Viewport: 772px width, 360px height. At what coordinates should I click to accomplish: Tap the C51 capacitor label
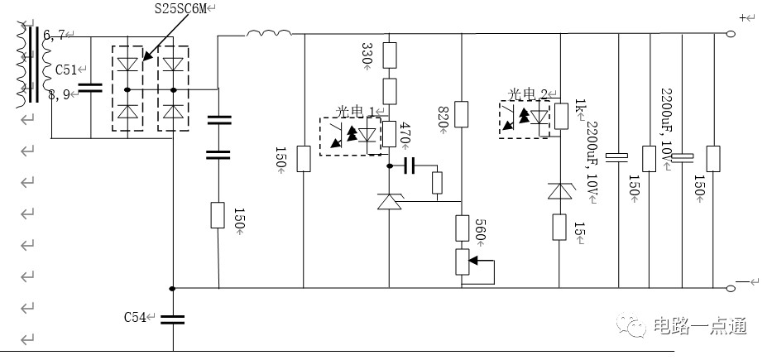coord(66,70)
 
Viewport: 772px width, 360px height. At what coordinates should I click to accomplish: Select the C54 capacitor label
coord(135,318)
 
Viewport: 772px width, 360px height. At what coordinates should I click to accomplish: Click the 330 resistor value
coord(367,54)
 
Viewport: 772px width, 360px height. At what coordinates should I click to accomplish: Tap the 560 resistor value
coord(480,229)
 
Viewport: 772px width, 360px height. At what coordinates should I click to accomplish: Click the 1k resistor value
coord(581,106)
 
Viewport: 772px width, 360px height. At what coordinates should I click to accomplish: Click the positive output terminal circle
coord(731,34)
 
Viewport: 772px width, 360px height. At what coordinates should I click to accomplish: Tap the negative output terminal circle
coord(731,288)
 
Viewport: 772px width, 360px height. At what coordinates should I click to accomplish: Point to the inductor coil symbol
coord(268,33)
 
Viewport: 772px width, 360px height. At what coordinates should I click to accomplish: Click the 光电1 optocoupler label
coord(354,112)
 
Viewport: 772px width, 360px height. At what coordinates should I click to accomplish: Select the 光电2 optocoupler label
coord(527,94)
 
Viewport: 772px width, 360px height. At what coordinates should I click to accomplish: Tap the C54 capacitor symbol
coord(173,319)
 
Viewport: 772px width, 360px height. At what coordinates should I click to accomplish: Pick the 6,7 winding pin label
coord(54,35)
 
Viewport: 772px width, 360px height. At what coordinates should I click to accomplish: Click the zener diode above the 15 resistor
coord(559,190)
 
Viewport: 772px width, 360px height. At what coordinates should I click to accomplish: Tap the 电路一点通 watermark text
coord(700,325)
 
